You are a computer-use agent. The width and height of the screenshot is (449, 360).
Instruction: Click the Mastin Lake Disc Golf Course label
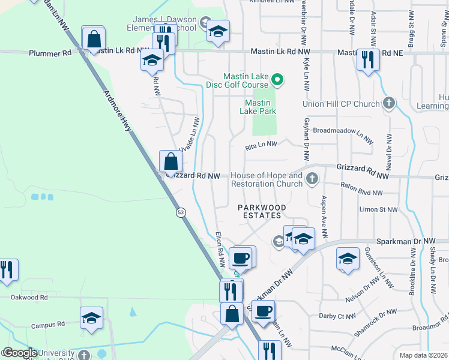(x=246, y=80)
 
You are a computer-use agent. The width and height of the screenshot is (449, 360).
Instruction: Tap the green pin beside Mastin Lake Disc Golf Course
(x=277, y=79)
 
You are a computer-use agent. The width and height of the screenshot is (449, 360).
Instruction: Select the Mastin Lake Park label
(x=258, y=107)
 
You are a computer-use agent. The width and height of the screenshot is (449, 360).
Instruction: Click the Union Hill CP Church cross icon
(x=389, y=104)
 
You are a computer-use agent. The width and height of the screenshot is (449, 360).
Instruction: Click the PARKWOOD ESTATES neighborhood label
(x=262, y=211)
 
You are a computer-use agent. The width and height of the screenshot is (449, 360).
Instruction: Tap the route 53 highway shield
(x=180, y=212)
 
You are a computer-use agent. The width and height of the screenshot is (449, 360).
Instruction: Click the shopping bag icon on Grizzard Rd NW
(x=171, y=161)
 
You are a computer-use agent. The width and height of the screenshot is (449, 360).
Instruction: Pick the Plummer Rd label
(x=50, y=53)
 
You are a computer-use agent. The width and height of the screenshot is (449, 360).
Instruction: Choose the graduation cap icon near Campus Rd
(x=91, y=318)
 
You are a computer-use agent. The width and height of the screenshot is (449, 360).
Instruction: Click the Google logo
(x=19, y=353)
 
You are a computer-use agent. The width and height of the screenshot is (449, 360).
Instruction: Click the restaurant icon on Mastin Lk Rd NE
(x=367, y=59)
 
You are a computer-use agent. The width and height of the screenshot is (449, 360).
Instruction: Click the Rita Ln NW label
(x=261, y=145)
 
